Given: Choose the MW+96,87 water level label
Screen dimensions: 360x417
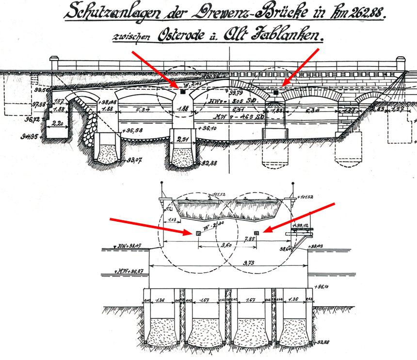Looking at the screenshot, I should pyautogui.click(x=128, y=271).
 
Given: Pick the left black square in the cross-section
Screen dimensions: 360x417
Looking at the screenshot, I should pyautogui.click(x=199, y=233).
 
